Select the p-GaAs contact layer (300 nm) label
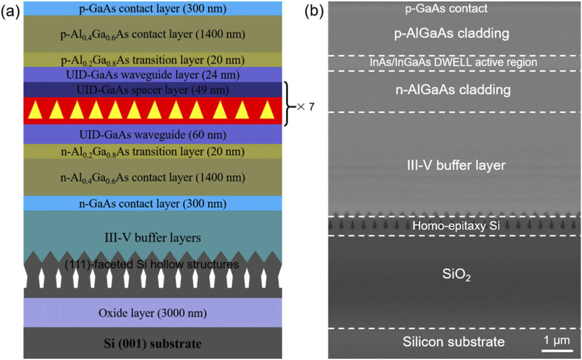point(152,8)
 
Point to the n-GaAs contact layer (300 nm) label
point(152,204)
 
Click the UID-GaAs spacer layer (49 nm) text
point(152,90)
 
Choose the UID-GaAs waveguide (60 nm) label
point(152,134)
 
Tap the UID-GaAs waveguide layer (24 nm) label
point(152,74)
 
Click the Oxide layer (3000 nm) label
point(152,314)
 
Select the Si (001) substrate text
point(152,344)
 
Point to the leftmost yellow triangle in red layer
point(37,110)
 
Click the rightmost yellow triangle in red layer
point(268,110)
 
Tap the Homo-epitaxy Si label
point(455,226)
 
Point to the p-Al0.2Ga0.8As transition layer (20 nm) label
point(152,59)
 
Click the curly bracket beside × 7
point(288,104)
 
